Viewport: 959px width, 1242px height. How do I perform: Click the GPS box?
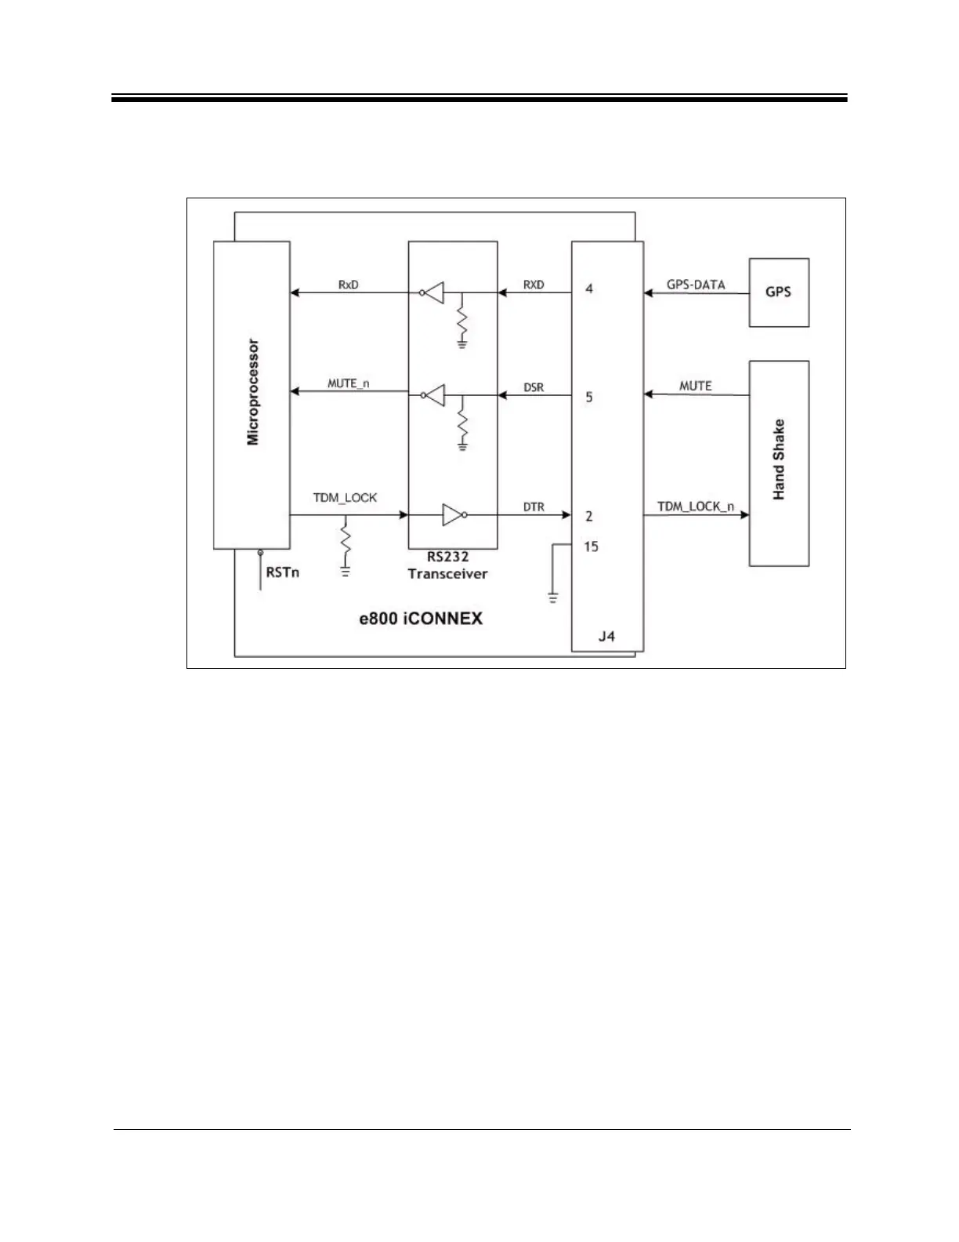point(779,292)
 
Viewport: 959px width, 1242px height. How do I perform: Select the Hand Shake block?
point(779,463)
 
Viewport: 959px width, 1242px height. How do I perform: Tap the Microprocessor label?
point(253,392)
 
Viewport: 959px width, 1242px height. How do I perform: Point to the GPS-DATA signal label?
point(696,285)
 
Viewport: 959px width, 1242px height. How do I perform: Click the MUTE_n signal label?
point(348,383)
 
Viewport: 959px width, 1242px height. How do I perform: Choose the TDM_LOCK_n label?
point(696,507)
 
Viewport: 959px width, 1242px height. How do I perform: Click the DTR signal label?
point(534,507)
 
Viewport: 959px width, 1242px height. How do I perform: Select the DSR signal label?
point(534,387)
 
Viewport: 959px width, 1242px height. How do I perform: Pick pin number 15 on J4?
point(591,546)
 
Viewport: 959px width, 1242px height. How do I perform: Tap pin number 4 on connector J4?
point(589,289)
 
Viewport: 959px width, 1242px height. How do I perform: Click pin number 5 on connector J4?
point(589,397)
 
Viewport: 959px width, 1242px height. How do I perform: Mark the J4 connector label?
point(606,636)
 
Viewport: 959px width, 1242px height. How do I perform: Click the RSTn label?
point(282,572)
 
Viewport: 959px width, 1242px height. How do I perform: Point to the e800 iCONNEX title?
point(421,619)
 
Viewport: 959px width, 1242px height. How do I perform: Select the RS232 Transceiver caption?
point(447,565)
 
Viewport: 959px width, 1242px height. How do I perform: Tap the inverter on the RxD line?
point(433,293)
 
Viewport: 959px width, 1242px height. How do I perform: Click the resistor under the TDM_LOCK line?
point(345,539)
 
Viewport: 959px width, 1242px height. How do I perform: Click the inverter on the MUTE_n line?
point(433,394)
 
